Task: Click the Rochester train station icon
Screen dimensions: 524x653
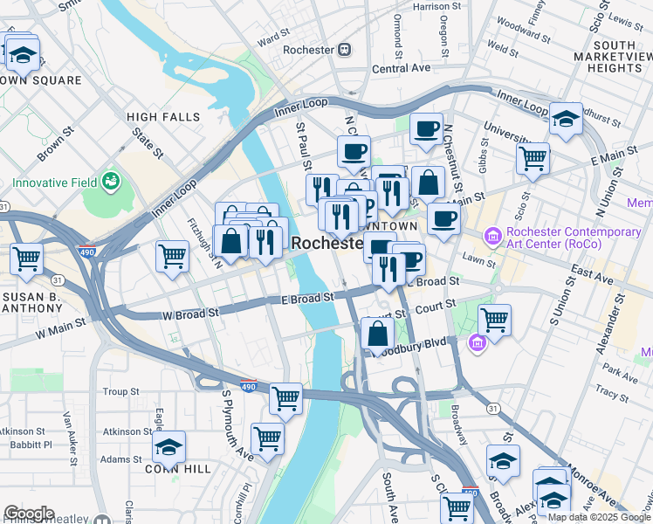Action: click(x=345, y=50)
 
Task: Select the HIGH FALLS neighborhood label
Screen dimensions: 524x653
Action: click(x=163, y=117)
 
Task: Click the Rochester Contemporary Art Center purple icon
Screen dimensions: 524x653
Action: click(x=493, y=235)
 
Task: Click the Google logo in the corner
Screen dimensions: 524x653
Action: click(x=29, y=514)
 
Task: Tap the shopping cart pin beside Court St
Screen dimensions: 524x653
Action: click(x=494, y=320)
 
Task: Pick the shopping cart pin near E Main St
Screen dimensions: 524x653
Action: click(x=532, y=159)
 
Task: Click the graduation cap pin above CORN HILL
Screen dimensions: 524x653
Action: click(x=168, y=447)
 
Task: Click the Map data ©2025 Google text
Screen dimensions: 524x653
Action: click(x=596, y=517)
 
